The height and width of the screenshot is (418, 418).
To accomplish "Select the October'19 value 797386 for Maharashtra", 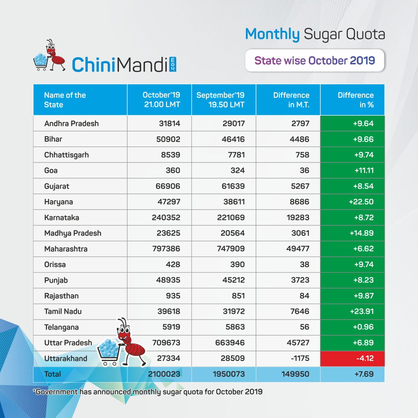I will [166, 249].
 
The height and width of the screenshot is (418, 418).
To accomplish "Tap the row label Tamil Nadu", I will [63, 311].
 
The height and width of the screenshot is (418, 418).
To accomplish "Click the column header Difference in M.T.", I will [291, 100].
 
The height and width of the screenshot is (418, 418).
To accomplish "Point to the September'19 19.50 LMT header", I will [220, 100].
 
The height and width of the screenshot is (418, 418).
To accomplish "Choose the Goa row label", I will [51, 171].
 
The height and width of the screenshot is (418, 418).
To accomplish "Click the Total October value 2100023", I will [164, 374].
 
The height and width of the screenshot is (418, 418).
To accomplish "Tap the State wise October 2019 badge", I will [315, 60].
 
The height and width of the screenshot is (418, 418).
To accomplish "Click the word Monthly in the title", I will [272, 35].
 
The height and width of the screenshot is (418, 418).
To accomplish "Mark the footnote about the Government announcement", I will [148, 392].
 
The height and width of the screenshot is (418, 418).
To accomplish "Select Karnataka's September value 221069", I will [231, 217].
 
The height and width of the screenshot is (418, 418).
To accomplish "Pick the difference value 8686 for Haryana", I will [299, 202].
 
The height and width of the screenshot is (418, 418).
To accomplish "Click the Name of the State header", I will [65, 100].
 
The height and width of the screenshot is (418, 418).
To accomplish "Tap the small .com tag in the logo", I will [173, 64].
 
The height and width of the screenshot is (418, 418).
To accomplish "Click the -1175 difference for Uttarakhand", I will [300, 358].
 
